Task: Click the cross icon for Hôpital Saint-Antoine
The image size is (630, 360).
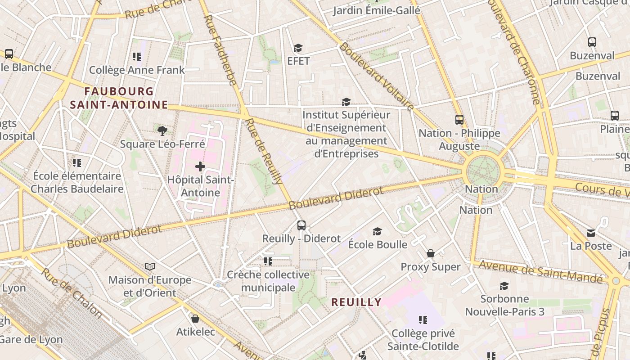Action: [x=200, y=167]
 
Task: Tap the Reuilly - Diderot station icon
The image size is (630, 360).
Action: [x=301, y=225]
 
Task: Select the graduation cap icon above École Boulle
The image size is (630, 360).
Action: [x=377, y=231]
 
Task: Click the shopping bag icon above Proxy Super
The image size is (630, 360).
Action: [x=431, y=253]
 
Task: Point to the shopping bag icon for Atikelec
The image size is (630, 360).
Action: [x=195, y=319]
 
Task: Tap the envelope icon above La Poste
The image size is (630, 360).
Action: [x=591, y=233]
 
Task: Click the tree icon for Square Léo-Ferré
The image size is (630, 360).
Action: [x=162, y=131]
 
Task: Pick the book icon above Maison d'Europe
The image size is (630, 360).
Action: [x=150, y=267]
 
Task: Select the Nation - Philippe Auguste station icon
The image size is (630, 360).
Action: [x=459, y=120]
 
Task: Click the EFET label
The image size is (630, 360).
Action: [x=299, y=61]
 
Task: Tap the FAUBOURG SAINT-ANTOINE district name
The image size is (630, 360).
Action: [x=119, y=98]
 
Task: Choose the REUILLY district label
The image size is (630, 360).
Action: [x=356, y=302]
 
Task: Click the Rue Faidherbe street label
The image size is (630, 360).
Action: [x=220, y=49]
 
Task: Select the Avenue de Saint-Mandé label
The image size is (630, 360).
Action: [x=540, y=272]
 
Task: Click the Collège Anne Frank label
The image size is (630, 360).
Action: [x=137, y=70]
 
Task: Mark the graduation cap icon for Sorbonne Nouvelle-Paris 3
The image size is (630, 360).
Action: [x=504, y=286]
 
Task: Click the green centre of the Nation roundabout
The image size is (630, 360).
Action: [x=483, y=171]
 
